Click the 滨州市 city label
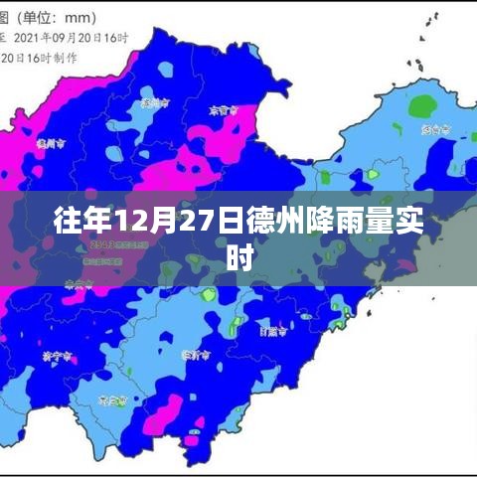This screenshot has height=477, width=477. (151, 102)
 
